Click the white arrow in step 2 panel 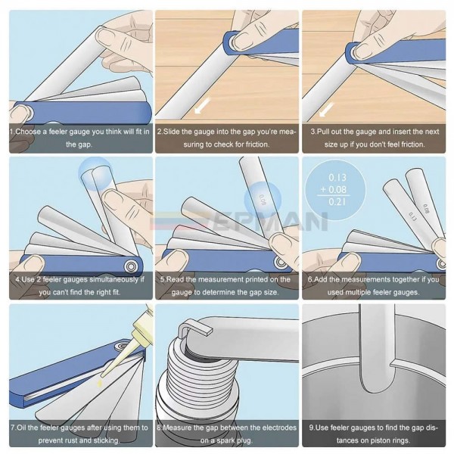(202, 105)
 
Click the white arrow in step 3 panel (326, 110)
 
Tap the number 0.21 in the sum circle (337, 201)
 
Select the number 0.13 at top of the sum (337, 177)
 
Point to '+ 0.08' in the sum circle (334, 190)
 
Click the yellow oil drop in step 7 (100, 384)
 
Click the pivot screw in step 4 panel (130, 266)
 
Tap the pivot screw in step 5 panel (280, 263)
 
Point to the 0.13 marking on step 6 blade (412, 216)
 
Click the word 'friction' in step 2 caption (257, 145)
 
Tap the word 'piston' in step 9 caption (372, 440)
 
